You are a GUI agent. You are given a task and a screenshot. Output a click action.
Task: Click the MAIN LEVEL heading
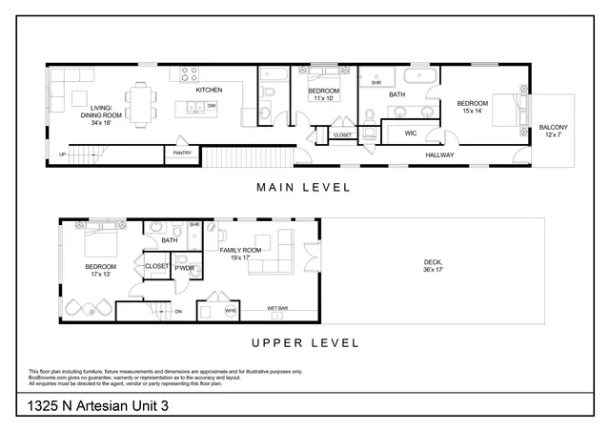304,187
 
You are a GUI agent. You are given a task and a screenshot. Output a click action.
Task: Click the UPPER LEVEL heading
304,342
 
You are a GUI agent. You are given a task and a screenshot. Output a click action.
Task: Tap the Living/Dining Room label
102,113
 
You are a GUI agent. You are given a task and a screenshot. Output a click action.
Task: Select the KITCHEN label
209,91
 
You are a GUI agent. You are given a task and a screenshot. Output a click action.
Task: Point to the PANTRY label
179,152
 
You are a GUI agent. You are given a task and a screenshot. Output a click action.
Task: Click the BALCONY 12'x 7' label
553,131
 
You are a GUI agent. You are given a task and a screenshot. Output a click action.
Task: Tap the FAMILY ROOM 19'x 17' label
234,253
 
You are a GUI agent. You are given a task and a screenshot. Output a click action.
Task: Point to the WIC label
411,133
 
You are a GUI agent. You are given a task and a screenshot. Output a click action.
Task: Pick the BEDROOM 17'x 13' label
101,271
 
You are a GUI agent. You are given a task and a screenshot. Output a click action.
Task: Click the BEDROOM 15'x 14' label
473,108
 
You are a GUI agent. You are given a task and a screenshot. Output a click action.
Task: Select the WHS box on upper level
230,311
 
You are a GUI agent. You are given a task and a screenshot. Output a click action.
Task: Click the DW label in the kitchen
213,106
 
